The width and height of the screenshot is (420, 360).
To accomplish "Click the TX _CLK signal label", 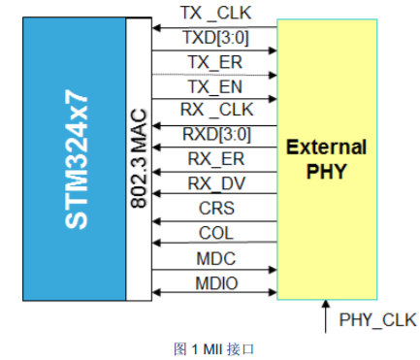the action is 215,14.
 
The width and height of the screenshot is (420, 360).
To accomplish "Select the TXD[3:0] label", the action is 215,38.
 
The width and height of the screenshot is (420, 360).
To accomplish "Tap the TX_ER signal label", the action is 215,62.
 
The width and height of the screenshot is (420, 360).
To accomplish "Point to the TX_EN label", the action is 215,86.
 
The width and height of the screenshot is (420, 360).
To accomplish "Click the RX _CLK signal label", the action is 216,110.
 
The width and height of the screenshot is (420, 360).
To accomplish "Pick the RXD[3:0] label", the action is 216,134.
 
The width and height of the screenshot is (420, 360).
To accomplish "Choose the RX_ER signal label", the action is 216,159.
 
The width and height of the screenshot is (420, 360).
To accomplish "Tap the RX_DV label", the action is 216,183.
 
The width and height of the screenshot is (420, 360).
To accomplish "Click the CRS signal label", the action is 216,208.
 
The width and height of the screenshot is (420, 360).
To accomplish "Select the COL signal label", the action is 216,233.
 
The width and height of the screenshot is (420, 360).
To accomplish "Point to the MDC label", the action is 216,258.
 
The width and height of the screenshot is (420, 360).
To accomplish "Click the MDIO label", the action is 216,283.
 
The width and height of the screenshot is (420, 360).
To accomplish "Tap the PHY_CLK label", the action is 377,320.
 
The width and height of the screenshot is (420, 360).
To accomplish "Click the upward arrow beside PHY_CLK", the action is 326,316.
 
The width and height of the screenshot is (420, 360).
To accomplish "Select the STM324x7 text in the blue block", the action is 77,159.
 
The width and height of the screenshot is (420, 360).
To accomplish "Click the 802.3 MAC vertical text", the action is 139,158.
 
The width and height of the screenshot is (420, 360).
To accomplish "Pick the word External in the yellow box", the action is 327,147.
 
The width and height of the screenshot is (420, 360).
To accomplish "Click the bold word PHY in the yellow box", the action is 327,171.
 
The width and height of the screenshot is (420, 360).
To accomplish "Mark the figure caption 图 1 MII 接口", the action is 213,349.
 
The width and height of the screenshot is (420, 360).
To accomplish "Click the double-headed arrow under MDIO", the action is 214,293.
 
